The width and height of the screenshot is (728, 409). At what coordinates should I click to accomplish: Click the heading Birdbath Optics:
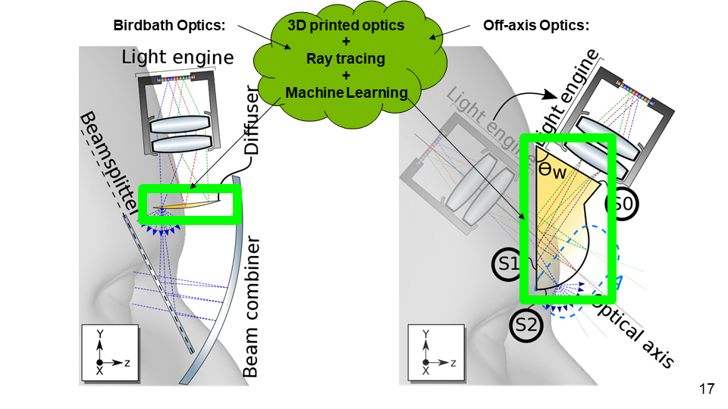(169, 25)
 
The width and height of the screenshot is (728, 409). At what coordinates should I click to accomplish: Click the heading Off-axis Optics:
(536, 25)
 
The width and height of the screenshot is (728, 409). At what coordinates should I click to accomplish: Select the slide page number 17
(706, 389)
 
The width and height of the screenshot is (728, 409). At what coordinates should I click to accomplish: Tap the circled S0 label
(622, 203)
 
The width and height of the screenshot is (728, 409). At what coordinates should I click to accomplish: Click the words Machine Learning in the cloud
(346, 92)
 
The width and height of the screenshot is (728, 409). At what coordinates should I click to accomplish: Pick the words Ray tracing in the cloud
(346, 59)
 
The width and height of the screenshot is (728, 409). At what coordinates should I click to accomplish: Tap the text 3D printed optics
(346, 26)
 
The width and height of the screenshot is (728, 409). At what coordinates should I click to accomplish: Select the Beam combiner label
(253, 307)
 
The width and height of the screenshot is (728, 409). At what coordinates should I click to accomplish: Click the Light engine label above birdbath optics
(178, 58)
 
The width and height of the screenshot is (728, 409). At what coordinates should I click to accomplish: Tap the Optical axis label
(634, 330)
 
